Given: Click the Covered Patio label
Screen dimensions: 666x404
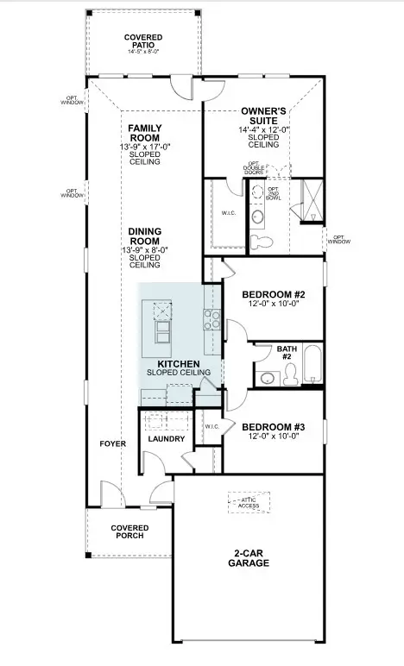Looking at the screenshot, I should click(143, 41).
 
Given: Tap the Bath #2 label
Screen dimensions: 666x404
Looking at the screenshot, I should click(287, 353).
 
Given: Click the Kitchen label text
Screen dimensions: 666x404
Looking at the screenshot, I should click(179, 365).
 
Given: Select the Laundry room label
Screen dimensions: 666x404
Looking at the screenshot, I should click(167, 439).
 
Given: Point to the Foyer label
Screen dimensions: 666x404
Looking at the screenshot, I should click(112, 443).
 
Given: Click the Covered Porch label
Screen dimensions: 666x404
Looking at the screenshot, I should click(129, 531).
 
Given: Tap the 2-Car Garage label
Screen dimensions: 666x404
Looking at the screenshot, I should click(249, 558).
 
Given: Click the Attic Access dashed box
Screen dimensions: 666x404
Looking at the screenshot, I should click(249, 503).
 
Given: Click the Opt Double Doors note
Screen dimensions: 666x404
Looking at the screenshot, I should click(254, 168).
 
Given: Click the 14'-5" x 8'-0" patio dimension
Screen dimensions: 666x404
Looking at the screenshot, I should click(143, 53).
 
